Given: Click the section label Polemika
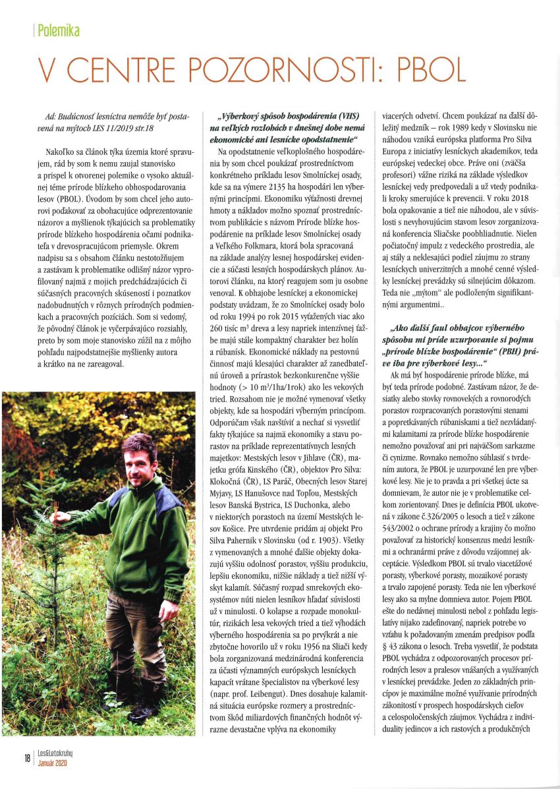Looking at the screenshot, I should click(59, 30).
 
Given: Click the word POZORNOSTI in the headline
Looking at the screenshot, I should click(257, 69).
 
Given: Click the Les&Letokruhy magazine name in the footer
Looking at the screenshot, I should click(60, 752).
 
